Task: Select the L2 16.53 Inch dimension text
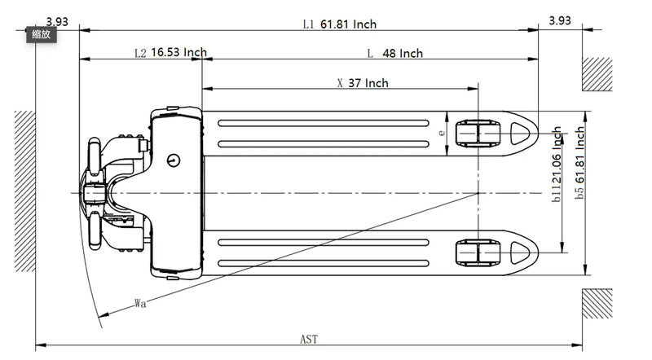click(170, 53)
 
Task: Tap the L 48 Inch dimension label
click(395, 54)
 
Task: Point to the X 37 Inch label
click(363, 83)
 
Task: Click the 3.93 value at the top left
click(57, 21)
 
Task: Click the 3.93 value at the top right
click(560, 21)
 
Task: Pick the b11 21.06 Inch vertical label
click(557, 163)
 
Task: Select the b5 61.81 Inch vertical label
click(579, 163)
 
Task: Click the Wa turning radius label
click(140, 304)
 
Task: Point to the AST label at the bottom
click(309, 339)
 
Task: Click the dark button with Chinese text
click(41, 34)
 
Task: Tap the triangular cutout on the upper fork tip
click(520, 132)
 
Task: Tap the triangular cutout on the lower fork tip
click(520, 252)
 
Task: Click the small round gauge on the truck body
click(174, 160)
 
